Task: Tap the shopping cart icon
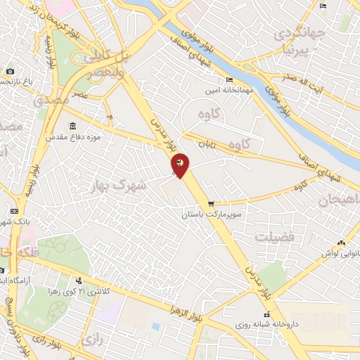(210, 203)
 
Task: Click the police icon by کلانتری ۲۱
(88, 281)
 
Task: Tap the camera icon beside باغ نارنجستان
(10, 71)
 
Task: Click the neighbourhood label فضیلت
(275, 238)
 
